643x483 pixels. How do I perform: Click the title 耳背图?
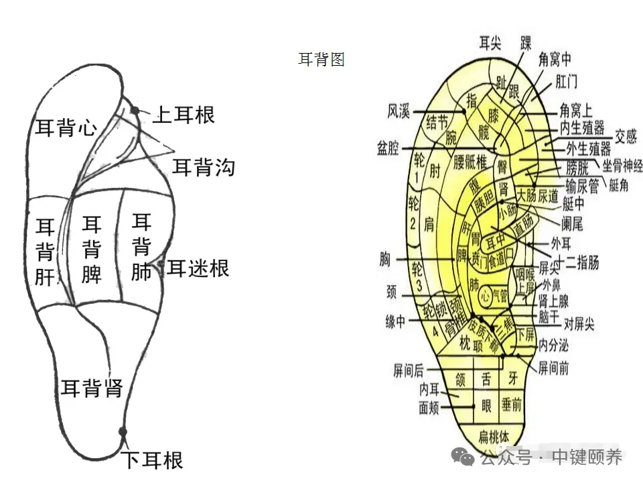tap(321, 60)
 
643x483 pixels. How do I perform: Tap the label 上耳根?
tap(184, 115)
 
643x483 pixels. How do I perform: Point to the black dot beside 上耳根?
tap(136, 111)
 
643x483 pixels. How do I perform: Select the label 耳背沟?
tap(204, 167)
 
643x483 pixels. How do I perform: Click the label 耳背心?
tap(66, 127)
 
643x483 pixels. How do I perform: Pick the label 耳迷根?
tap(198, 268)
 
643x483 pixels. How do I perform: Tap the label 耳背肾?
tap(92, 387)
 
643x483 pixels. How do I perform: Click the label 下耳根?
tap(152, 460)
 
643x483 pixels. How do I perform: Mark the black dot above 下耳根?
tap(123, 431)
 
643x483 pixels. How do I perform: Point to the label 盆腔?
tap(388, 148)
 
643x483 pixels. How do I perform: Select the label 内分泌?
tap(554, 346)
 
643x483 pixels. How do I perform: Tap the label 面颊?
tap(433, 407)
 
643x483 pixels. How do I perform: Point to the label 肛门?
tap(567, 81)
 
